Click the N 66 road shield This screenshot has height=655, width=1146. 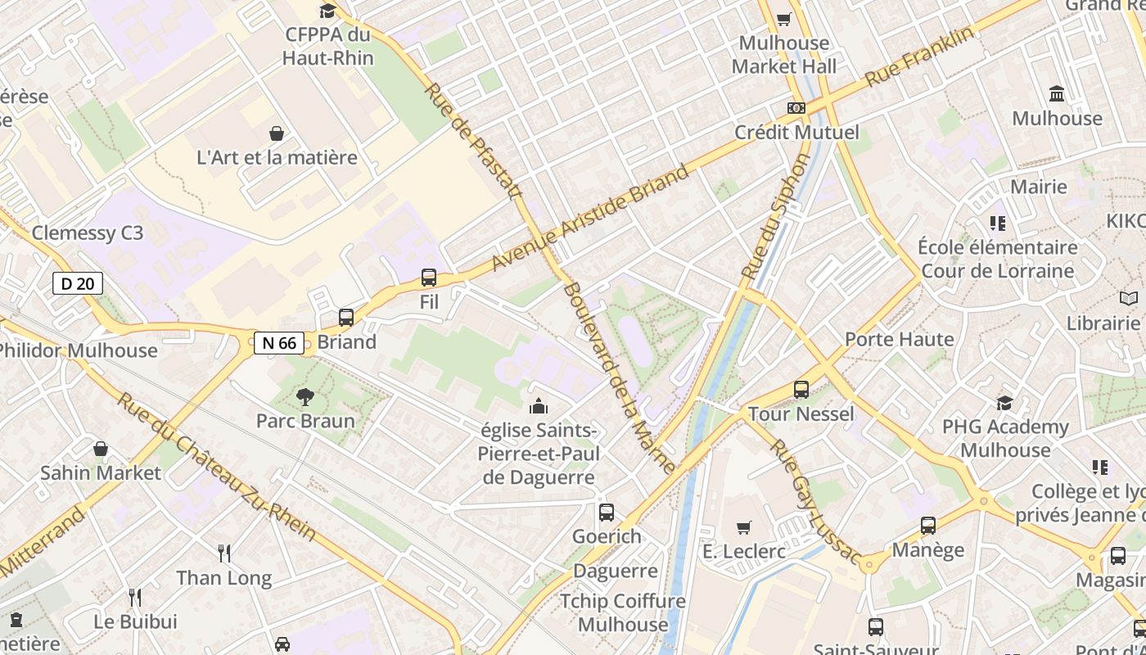tap(279, 342)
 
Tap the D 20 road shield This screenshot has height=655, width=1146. tap(78, 284)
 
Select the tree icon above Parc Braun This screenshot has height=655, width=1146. tap(305, 397)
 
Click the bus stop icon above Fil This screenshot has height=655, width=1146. tap(429, 278)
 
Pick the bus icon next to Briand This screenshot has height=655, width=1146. tap(346, 318)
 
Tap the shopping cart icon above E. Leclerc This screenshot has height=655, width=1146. tap(743, 527)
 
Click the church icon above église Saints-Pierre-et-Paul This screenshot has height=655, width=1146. tap(539, 405)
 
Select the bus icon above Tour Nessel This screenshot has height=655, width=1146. tap(801, 390)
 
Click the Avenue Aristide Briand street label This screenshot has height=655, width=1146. tap(590, 219)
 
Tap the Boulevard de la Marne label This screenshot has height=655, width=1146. tap(620, 378)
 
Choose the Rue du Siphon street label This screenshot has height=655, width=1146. tap(774, 216)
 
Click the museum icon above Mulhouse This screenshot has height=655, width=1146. tap(1057, 93)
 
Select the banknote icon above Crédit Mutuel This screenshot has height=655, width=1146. tap(796, 108)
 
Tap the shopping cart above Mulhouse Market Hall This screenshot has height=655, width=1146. tap(784, 19)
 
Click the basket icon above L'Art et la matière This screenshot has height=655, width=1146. tap(277, 133)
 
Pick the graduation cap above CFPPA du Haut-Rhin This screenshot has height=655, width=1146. tap(327, 11)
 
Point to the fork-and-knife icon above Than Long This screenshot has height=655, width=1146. tap(224, 553)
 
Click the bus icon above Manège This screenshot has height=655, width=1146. tap(927, 526)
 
